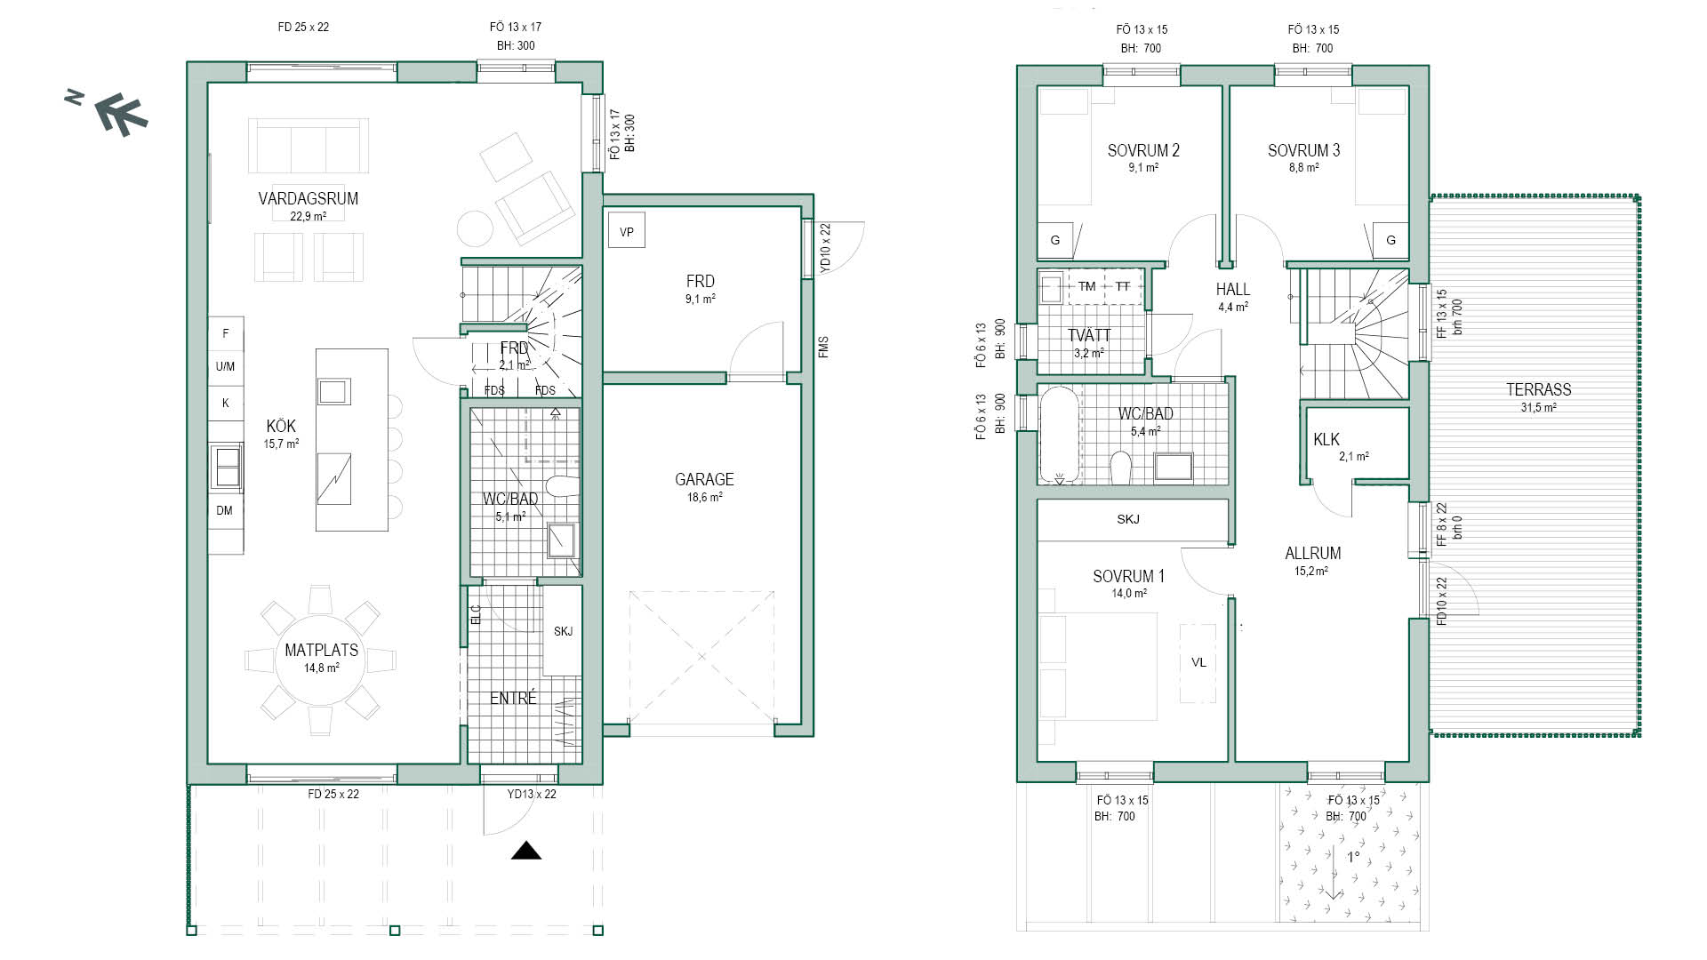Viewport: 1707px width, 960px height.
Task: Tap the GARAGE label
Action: (704, 479)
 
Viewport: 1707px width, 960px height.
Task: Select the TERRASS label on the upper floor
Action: (1538, 389)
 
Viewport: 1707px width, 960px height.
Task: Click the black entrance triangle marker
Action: (526, 851)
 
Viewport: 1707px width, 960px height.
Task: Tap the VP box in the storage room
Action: (627, 232)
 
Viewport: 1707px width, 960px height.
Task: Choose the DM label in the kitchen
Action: (224, 510)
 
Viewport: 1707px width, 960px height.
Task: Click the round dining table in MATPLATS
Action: (321, 660)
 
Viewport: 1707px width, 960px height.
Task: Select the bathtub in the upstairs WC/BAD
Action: (1060, 435)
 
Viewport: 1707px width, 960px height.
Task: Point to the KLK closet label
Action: (1326, 439)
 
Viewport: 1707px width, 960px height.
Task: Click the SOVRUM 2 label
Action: (1143, 150)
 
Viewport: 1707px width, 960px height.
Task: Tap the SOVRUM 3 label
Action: (1303, 150)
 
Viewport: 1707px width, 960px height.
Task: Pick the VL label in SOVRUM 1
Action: (1198, 662)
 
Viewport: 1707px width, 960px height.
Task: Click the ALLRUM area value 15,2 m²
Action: (1311, 572)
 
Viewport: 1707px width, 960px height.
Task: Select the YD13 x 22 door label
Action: (532, 794)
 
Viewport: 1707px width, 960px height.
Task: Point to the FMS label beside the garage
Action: (823, 347)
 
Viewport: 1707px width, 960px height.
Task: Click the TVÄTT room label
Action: (1089, 335)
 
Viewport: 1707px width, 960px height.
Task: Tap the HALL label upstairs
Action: (1233, 289)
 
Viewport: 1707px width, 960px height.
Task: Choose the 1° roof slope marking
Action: (1353, 857)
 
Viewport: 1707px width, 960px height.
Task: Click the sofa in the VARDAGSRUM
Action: (309, 146)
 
